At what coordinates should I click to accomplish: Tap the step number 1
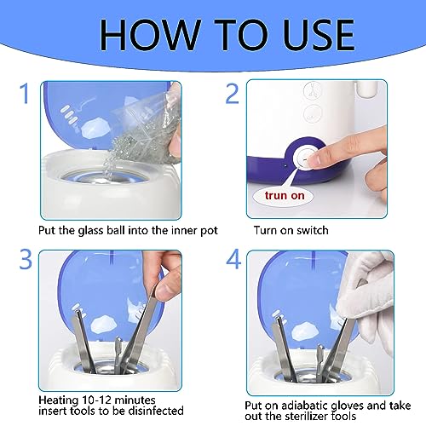25,93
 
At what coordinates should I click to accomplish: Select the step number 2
232,93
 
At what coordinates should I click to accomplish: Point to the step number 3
26,259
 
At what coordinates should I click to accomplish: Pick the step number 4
233,259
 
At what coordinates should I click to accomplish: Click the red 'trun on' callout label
285,195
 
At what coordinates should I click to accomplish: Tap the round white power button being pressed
305,158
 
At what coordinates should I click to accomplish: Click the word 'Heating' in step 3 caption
59,400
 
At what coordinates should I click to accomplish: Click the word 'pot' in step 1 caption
209,231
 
